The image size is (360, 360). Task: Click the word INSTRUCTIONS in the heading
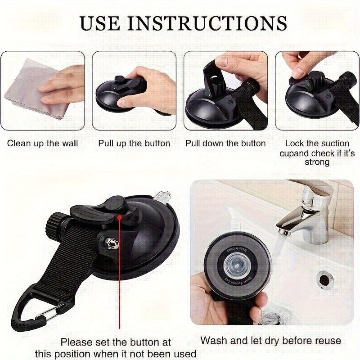coord(208,22)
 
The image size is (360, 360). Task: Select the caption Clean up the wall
coord(42,144)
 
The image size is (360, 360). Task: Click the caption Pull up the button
coord(134,144)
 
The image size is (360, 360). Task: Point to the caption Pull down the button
coord(225,144)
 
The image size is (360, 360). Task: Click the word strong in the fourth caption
coord(317,162)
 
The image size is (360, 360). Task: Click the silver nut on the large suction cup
coord(110,243)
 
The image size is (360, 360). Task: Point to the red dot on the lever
coord(119,217)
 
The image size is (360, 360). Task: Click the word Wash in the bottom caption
coord(213,341)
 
